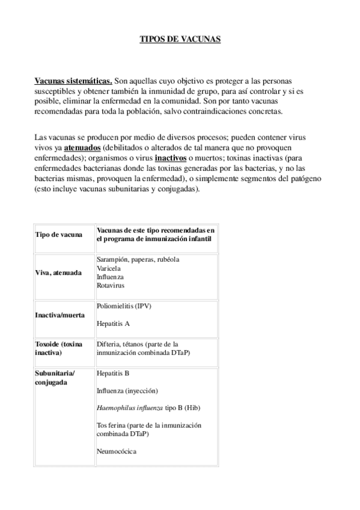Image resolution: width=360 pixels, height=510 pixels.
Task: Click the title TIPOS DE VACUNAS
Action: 180,39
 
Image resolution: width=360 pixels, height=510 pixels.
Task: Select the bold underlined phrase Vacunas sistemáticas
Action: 73,81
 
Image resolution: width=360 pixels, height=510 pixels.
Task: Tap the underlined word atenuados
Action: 83,147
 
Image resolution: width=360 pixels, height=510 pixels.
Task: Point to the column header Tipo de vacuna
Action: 59,235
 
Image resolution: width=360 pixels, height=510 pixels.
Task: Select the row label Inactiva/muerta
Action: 60,315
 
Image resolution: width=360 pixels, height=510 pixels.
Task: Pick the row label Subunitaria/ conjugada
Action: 55,377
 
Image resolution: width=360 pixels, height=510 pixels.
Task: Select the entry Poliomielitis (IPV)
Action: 124,306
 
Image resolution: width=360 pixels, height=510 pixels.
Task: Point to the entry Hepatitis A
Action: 113,324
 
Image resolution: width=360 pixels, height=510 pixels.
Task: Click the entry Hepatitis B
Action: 113,373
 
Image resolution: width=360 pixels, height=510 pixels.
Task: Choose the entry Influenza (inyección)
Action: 127,390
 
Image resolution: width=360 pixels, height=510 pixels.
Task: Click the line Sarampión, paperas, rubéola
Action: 138,259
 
